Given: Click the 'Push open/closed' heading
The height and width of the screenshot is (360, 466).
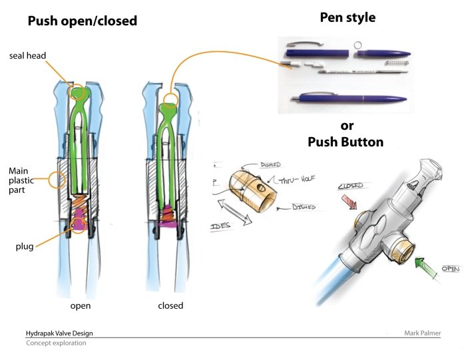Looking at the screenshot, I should [82, 21].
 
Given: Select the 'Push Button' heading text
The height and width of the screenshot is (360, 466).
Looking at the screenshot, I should [345, 142].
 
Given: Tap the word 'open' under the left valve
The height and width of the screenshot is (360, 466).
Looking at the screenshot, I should [81, 306].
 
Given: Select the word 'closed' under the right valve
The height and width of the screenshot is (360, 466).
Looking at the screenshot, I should [170, 306].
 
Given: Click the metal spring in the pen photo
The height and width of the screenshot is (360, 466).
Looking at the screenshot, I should [393, 64].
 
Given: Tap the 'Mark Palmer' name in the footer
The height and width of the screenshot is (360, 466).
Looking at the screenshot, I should [422, 333].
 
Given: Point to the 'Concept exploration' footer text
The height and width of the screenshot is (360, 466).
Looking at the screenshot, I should [56, 343].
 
